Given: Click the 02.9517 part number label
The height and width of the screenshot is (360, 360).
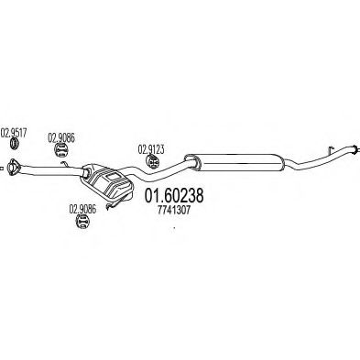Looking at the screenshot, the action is pos(14,134).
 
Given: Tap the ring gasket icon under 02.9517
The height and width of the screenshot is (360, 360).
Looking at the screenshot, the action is pos(14,144).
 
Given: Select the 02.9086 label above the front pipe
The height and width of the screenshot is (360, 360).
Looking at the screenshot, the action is pos(61,138).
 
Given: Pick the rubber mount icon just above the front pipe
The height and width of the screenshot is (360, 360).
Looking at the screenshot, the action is pos(61,149).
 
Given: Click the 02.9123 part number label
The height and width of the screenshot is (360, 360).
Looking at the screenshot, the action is pos(151,149).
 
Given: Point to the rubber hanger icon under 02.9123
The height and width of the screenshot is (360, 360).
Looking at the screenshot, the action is pos(152,161).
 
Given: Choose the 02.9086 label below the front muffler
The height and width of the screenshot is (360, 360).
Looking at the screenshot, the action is pos(82,209).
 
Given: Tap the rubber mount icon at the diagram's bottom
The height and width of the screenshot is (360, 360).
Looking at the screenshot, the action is pos(82,221).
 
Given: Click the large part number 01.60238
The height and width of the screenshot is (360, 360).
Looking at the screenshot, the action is pos(174,196).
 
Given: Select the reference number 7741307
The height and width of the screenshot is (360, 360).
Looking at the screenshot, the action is pos(174,210).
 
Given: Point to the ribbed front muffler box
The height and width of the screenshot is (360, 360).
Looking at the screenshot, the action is pos(107,182).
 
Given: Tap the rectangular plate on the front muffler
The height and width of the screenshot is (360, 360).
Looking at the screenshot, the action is pos(113,176).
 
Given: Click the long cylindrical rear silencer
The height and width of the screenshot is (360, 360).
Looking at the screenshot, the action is pos(236,162).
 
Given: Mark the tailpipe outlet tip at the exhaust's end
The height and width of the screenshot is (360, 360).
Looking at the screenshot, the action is pos(355,149).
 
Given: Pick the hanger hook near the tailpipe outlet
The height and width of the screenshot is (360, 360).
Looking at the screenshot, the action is pos(331,150).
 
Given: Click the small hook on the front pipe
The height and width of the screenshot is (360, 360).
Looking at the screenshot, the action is pos(64,164).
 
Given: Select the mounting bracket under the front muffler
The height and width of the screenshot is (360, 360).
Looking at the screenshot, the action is pos(117,202).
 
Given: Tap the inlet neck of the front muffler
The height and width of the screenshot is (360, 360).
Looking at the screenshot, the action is pos(85,172).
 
